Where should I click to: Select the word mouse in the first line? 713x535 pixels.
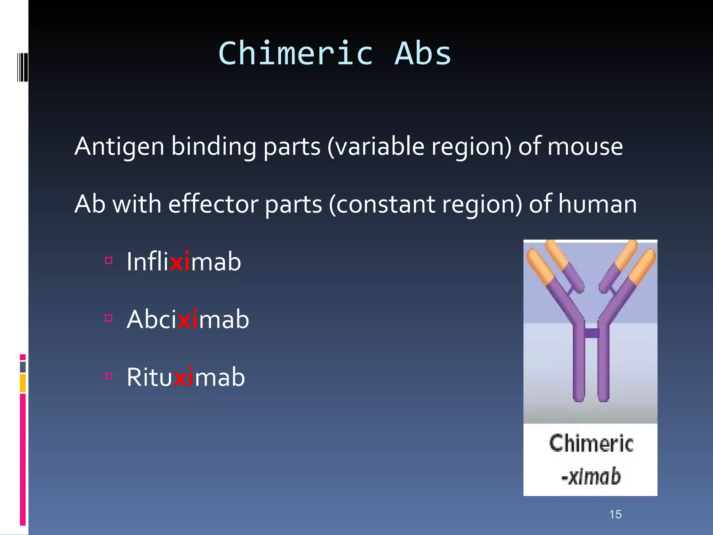(x=585, y=147)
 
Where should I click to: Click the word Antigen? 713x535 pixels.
(x=119, y=147)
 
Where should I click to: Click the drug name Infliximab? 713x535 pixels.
(x=183, y=262)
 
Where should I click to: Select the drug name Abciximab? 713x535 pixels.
(x=188, y=319)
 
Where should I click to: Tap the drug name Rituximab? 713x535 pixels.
(x=186, y=377)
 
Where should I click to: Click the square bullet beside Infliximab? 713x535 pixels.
(x=109, y=261)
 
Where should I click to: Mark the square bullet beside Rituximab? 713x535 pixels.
(x=109, y=376)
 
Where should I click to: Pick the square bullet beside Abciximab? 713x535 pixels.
(x=109, y=318)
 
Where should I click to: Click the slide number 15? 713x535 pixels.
(x=615, y=514)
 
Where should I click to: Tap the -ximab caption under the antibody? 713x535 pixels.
(x=591, y=476)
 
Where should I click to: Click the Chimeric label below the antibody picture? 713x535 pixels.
(x=591, y=444)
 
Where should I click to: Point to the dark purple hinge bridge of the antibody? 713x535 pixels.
(x=591, y=333)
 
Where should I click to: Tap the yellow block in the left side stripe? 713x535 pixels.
(x=23, y=383)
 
